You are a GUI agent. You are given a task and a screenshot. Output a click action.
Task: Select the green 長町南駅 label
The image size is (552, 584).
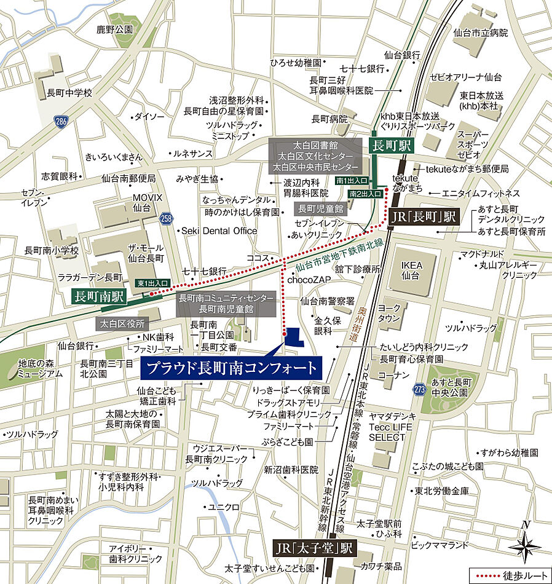99,296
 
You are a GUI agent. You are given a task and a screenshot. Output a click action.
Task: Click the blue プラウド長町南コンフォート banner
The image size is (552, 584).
232,369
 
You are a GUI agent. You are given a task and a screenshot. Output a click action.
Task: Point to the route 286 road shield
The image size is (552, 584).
60,120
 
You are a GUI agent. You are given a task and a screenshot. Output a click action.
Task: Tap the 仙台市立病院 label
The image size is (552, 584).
480,33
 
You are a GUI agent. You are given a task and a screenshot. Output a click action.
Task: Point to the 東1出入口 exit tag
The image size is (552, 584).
153,283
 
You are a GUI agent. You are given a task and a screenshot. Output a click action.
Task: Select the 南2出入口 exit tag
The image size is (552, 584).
366,194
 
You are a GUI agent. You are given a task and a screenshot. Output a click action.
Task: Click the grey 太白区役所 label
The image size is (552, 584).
122,323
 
